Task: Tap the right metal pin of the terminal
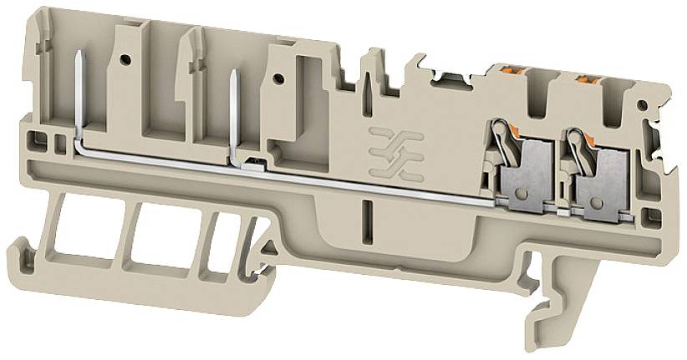[233, 109]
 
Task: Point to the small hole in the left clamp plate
[526, 194]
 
